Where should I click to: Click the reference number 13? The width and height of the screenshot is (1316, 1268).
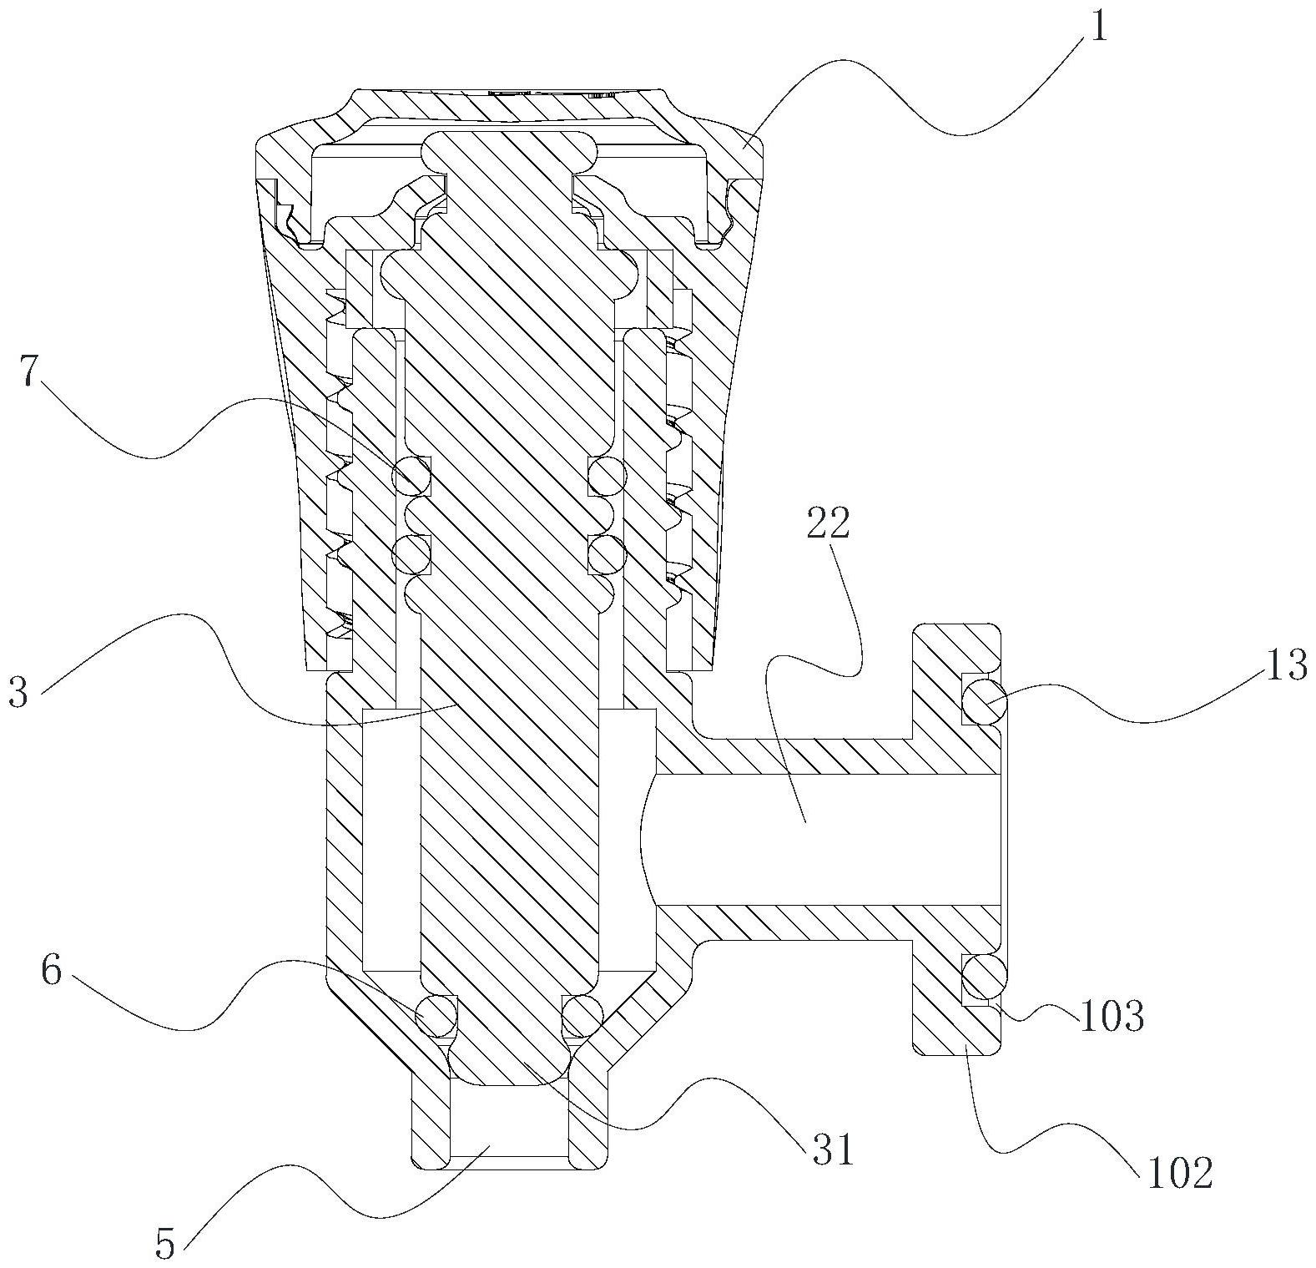[x=1284, y=665]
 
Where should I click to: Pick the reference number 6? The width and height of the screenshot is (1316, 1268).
[x=51, y=972]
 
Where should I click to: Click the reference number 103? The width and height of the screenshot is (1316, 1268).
[x=1112, y=1016]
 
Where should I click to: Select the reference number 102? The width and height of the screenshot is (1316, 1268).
[x=1179, y=1174]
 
